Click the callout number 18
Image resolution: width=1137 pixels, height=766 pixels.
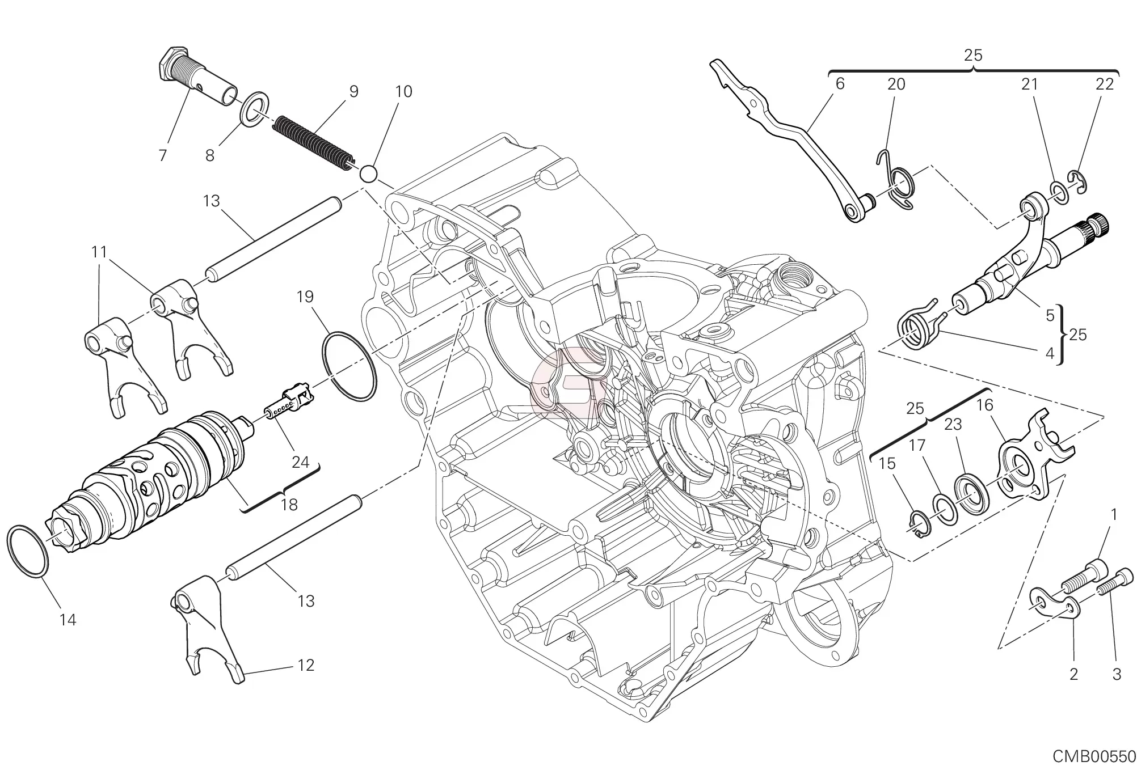[289, 504]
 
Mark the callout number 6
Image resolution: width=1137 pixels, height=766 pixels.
[840, 84]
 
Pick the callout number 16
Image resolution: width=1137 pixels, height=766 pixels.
[985, 405]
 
